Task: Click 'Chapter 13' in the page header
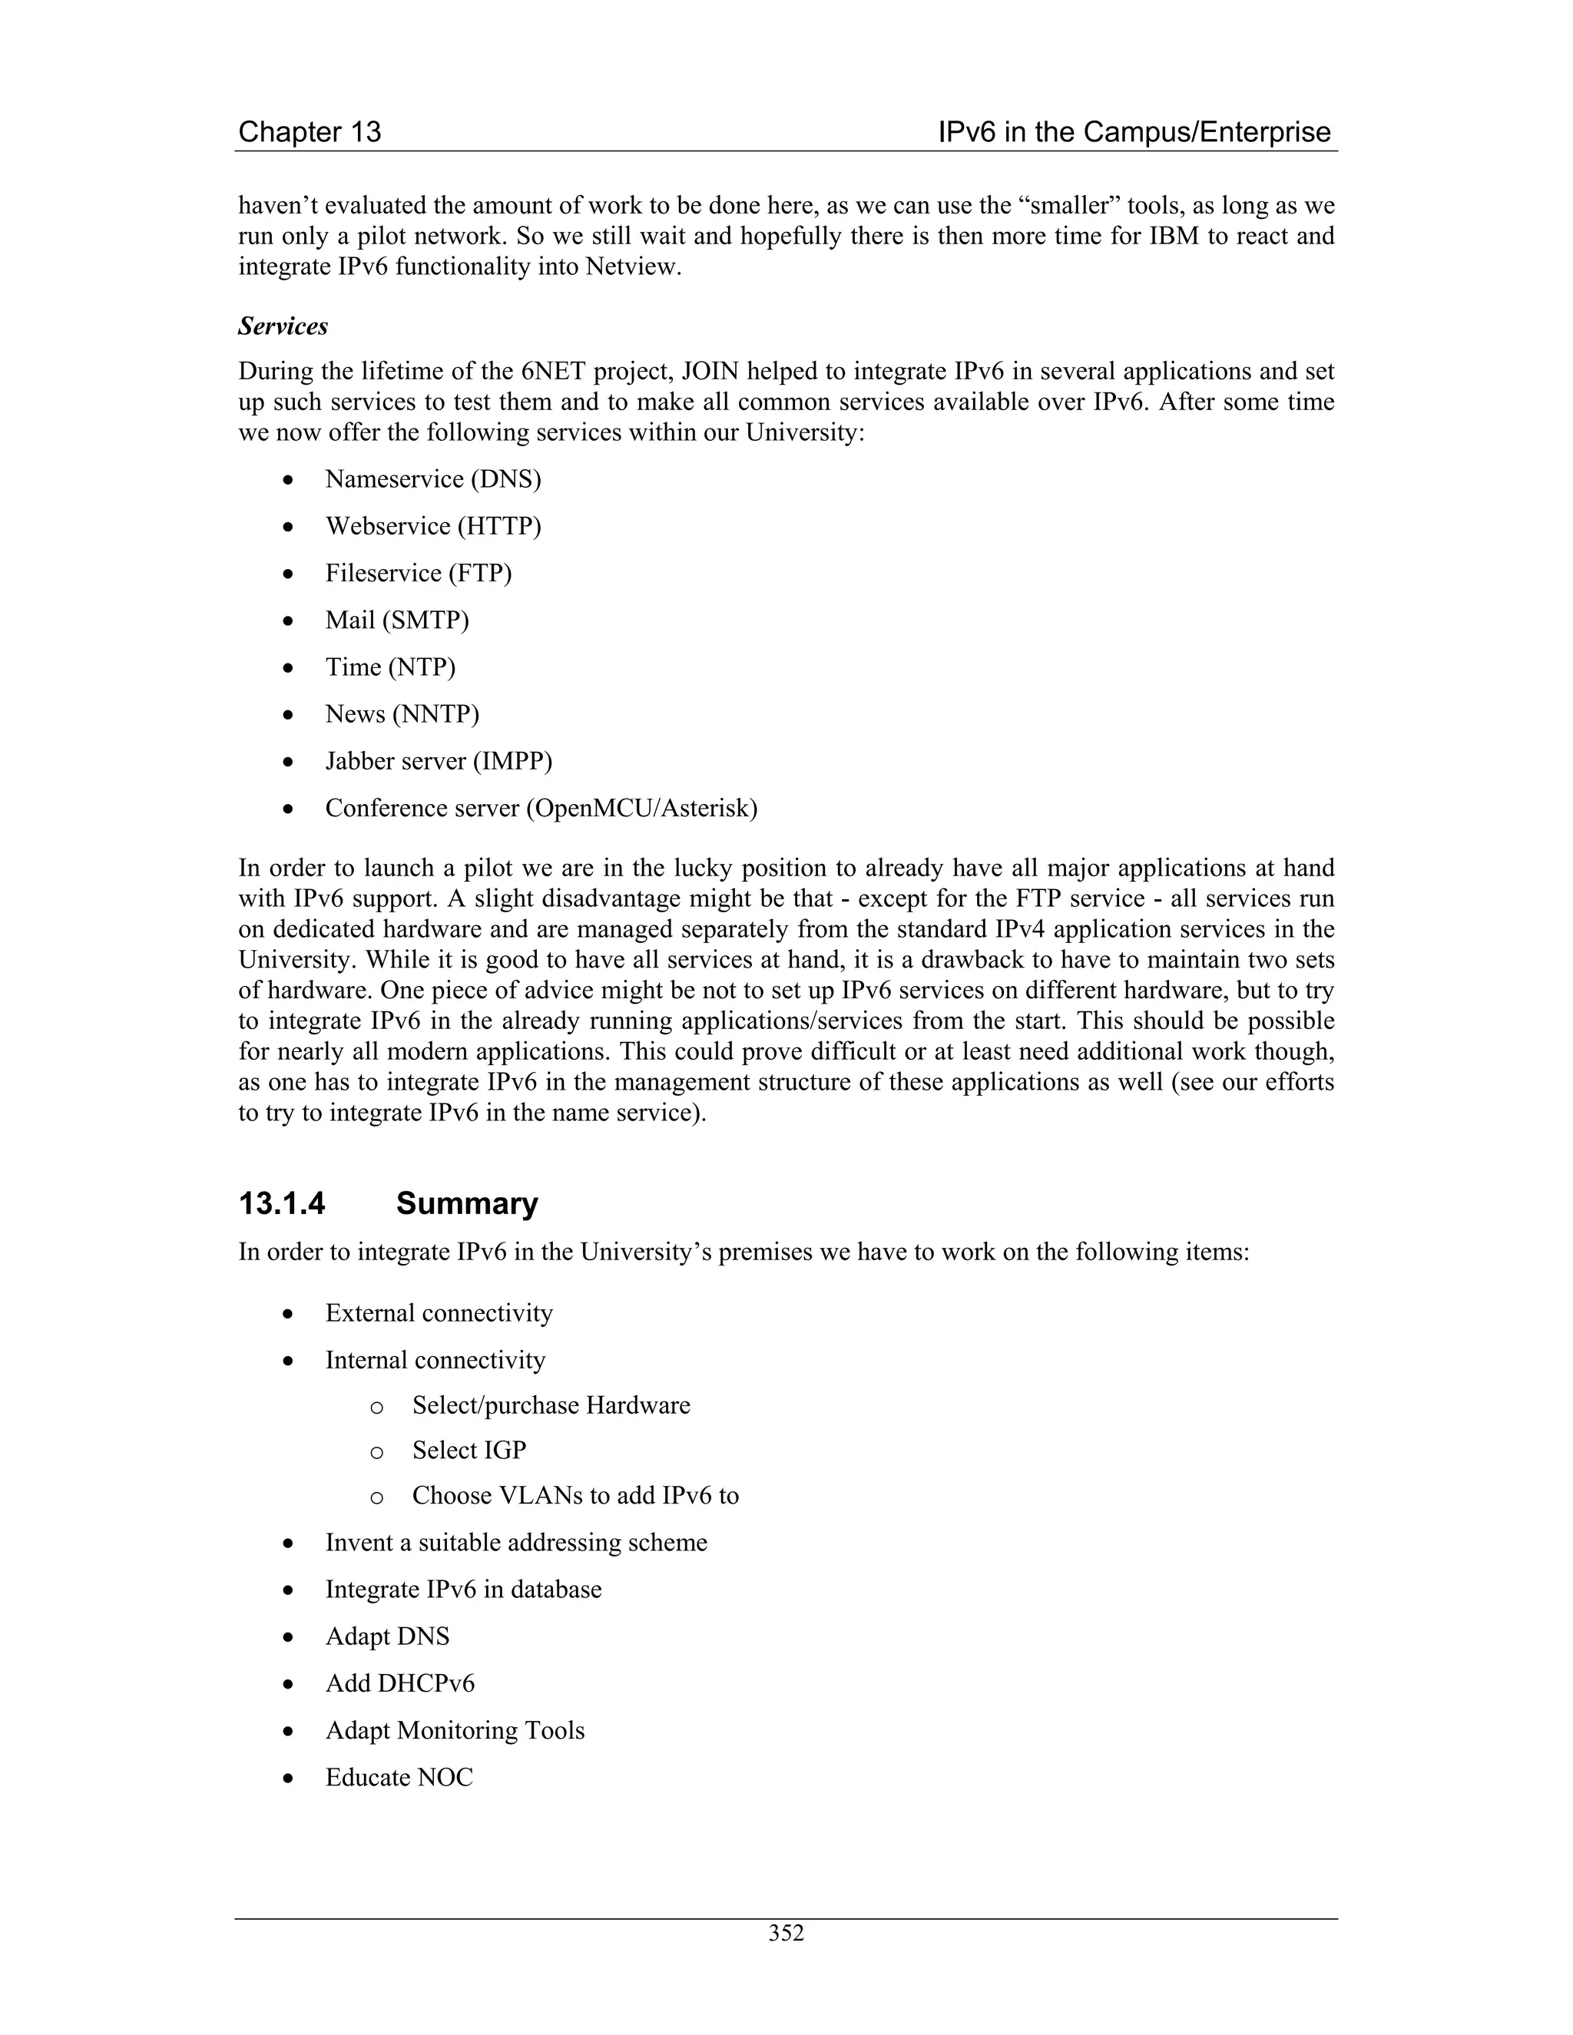click(x=310, y=132)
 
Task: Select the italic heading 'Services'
click(x=283, y=326)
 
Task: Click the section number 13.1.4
click(x=281, y=1204)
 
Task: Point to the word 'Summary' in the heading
click(x=467, y=1204)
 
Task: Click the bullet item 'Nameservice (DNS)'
click(x=432, y=479)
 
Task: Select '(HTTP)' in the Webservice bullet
click(x=498, y=527)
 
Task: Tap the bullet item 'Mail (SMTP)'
click(x=397, y=620)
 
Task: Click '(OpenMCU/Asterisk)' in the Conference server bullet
click(x=641, y=808)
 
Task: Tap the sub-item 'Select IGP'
click(x=469, y=1451)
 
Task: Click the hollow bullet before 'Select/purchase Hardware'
click(x=376, y=1407)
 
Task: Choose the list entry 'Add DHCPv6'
click(x=399, y=1684)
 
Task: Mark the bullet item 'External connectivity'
click(x=439, y=1314)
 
